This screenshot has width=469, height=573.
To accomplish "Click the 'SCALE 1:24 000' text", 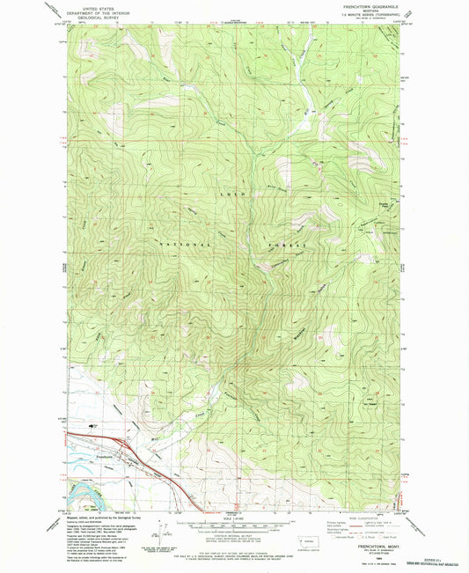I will (233, 518).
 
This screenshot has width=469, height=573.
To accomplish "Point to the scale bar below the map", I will (233, 526).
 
